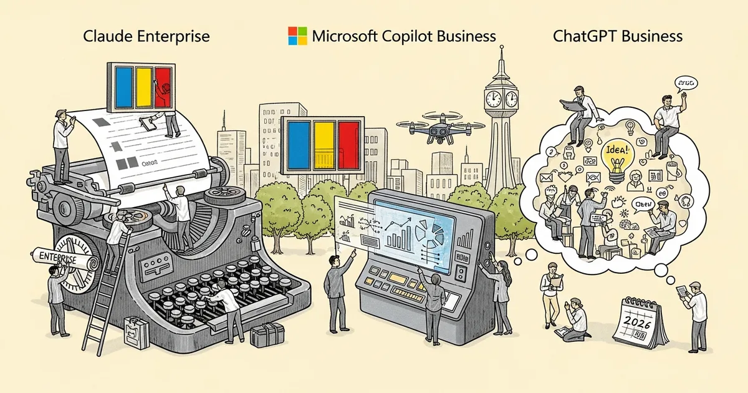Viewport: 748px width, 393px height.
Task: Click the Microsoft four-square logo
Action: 297,36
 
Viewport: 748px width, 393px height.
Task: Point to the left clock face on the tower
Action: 493,98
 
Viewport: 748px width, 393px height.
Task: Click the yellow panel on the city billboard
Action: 323,145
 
